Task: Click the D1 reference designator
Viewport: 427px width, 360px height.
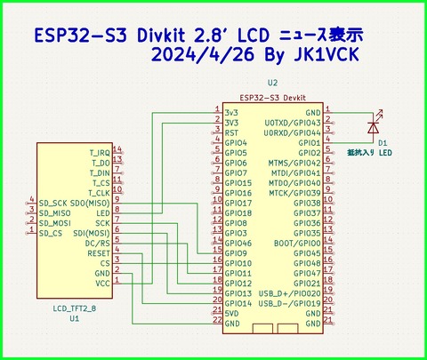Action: (382, 142)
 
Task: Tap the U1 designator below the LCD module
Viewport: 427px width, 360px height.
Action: (74, 317)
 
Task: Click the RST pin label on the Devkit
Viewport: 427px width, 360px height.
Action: (231, 132)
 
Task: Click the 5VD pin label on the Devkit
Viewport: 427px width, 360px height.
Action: (232, 313)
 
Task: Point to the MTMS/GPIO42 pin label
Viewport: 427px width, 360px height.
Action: (294, 163)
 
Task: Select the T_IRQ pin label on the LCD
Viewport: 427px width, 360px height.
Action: (100, 153)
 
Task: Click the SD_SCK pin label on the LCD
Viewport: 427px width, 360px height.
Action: (53, 203)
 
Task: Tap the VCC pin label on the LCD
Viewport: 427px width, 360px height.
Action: (103, 283)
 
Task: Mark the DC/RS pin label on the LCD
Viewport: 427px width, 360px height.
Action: (98, 243)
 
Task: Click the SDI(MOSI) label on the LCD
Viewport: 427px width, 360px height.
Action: (92, 233)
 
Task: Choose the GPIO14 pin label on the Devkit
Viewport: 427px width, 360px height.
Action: (238, 303)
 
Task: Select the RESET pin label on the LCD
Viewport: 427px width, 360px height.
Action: (98, 252)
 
